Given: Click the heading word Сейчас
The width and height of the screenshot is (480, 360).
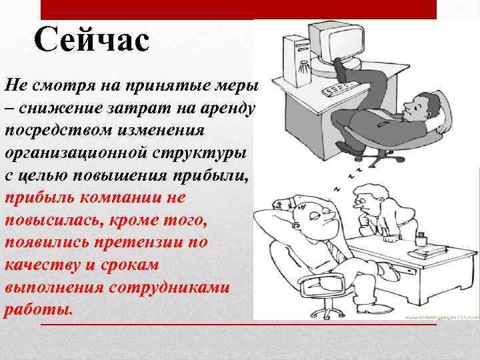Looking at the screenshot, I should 92,41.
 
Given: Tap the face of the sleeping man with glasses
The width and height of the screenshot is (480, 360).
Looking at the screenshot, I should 315,220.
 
